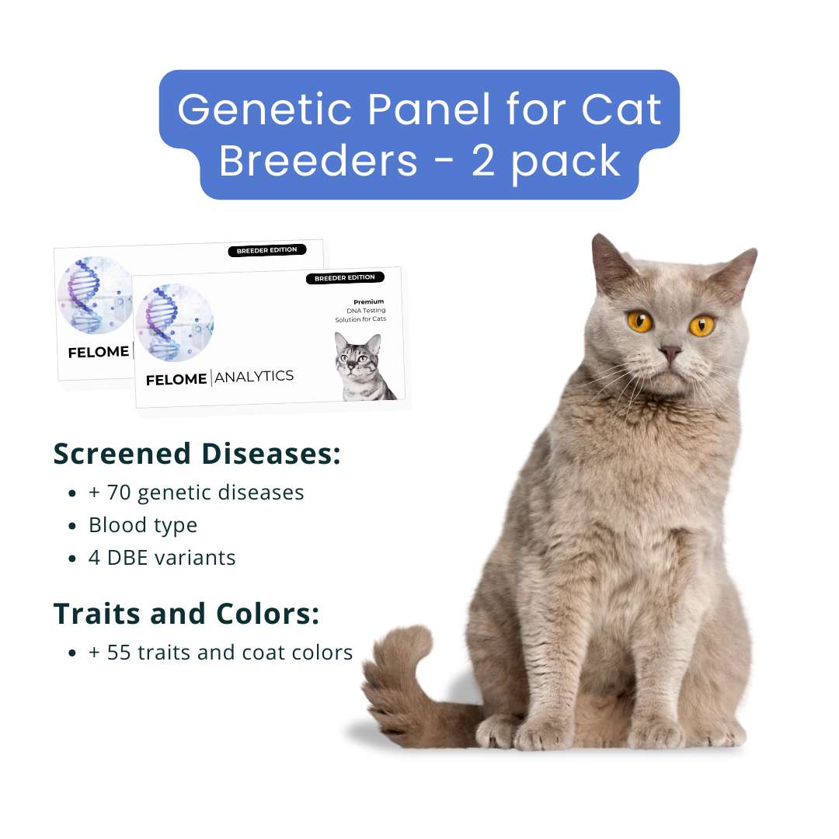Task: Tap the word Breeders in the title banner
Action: coord(319,161)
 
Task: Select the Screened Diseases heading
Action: coord(197,454)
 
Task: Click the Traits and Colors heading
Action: coord(186,614)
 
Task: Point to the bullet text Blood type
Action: coord(143,525)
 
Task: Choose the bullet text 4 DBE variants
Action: coord(162,558)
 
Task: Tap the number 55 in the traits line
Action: coord(119,653)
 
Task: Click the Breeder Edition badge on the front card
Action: coord(344,278)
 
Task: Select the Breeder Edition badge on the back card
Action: coord(266,250)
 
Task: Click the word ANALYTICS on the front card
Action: coord(254,377)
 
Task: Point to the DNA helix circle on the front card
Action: coord(174,322)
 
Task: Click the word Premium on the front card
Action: coord(369,301)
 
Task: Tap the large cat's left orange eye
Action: coord(640,320)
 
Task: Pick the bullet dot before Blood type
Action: coord(72,526)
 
